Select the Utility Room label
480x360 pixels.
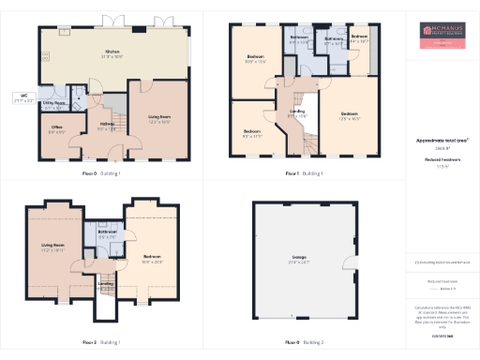tap(53, 105)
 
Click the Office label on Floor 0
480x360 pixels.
tap(56, 128)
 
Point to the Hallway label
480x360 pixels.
tap(106, 127)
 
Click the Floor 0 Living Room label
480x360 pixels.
tap(158, 119)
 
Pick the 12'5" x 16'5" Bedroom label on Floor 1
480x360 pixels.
tap(350, 119)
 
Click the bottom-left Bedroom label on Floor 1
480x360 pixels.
tap(252, 134)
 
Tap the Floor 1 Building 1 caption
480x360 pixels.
tap(305, 173)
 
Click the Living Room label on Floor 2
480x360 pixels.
tap(52, 248)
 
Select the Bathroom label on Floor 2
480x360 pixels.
tap(106, 234)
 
